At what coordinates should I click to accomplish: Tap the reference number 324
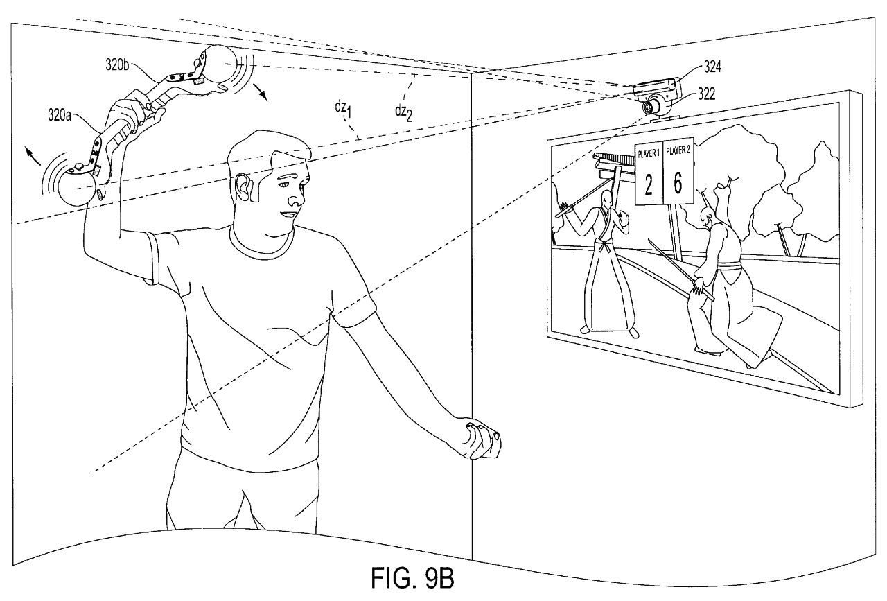[713, 67]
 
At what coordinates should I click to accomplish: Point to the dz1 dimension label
[341, 110]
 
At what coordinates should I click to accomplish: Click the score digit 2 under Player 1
[649, 186]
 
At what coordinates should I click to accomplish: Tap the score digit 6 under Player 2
[678, 183]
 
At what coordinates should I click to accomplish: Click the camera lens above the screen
[650, 106]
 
